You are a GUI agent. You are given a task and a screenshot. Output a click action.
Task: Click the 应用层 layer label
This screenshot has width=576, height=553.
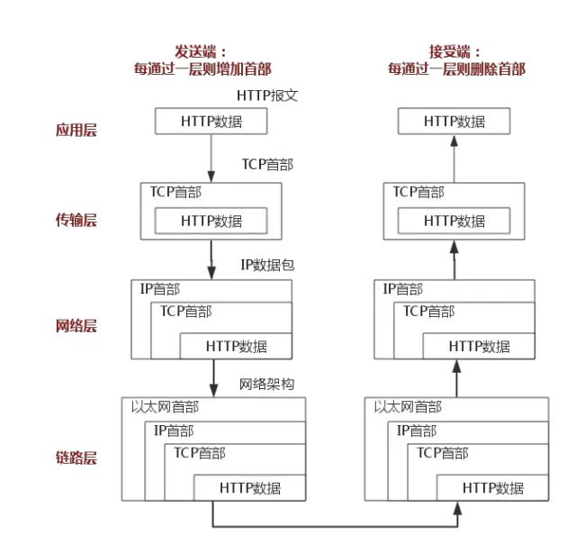click(76, 130)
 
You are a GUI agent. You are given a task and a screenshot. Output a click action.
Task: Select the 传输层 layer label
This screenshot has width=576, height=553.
click(76, 220)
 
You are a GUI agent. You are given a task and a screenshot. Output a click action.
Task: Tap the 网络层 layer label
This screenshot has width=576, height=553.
click(76, 325)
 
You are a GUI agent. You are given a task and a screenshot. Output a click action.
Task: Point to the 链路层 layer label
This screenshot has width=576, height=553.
click(76, 458)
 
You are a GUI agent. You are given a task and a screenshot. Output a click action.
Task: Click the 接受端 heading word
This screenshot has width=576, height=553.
click(454, 51)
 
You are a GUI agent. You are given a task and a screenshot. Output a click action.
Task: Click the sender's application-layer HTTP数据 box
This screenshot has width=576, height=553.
click(211, 121)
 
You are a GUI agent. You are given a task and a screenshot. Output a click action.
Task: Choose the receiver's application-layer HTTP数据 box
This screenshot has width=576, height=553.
click(454, 121)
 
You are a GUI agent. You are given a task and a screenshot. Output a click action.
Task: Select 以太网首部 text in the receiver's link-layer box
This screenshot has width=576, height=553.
click(408, 407)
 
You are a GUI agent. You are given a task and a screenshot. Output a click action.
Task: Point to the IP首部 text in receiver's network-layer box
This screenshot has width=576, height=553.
click(402, 289)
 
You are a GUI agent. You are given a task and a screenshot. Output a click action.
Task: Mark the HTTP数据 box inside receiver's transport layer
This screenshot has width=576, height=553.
click(454, 220)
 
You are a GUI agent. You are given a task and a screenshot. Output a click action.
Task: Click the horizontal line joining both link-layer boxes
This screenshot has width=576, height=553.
click(334, 525)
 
